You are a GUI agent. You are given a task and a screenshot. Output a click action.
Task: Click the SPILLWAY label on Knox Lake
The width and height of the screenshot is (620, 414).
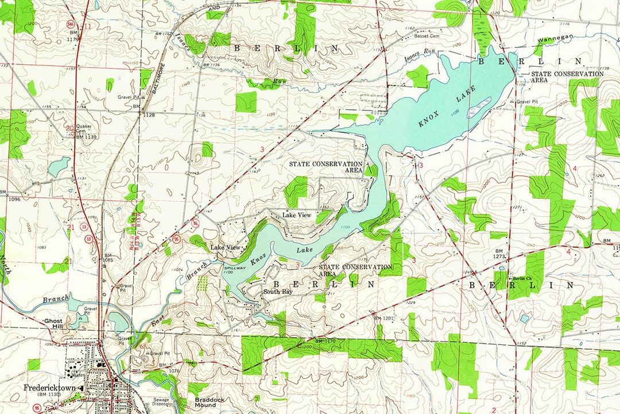[234, 269]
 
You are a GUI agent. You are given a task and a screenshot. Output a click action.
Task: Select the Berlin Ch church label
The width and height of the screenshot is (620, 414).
[523, 278]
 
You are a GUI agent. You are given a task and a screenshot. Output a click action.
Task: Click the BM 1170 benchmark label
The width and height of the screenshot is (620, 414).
[325, 341]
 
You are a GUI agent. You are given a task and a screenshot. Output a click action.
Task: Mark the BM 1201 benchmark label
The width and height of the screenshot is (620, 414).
[385, 317]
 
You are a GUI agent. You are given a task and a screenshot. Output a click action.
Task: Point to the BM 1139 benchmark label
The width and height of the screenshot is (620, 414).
[86, 136]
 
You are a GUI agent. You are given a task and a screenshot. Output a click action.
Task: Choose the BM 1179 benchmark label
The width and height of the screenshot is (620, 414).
[73, 37]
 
